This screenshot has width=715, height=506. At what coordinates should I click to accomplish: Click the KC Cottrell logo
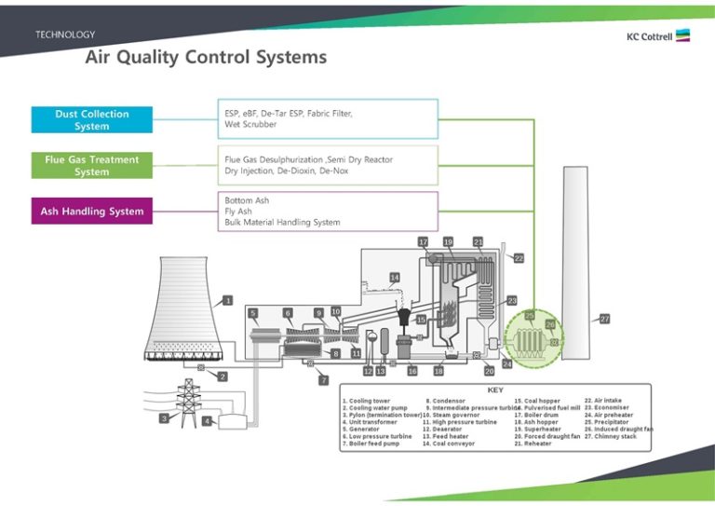coord(657,36)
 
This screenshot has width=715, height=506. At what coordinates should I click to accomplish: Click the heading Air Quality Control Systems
coord(206,58)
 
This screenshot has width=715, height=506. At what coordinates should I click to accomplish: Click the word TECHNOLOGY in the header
coord(65,34)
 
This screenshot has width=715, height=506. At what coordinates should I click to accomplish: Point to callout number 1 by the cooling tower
coord(227,301)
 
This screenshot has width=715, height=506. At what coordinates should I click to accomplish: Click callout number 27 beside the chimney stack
coord(604,319)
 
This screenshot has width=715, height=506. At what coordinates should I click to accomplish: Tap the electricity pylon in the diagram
coord(189,403)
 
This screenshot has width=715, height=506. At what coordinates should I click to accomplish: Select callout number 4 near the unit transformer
coord(207,421)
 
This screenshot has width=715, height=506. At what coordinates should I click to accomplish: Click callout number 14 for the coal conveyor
coord(395,278)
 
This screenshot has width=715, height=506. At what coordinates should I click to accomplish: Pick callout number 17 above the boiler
coord(423,241)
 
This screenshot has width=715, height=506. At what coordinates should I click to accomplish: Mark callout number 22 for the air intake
coord(519,257)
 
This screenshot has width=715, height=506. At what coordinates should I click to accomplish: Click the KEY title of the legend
coord(495,390)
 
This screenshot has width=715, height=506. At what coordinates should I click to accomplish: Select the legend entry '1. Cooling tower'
coord(368,401)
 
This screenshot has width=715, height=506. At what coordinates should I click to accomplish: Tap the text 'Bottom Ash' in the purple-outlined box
coord(247,200)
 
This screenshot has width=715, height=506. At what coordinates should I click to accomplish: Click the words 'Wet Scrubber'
coord(250,124)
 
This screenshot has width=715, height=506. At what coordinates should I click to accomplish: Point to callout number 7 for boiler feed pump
coord(323,380)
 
